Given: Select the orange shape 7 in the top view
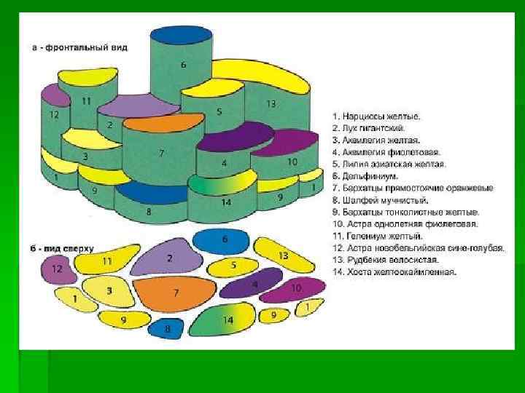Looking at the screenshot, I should pos(174,293).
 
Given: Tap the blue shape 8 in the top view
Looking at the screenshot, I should pos(167,329).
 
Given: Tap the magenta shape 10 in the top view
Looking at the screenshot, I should pos(293,290).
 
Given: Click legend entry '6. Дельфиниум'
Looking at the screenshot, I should pos(367,176).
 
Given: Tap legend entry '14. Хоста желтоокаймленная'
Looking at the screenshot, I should pos(394,271).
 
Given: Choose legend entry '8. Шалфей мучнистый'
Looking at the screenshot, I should pos(380,200).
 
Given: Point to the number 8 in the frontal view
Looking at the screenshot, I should pos(149,212).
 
